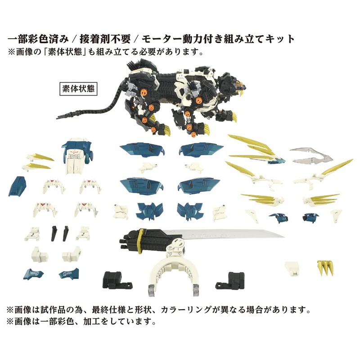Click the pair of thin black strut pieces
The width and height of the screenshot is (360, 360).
(x=58, y=232)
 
